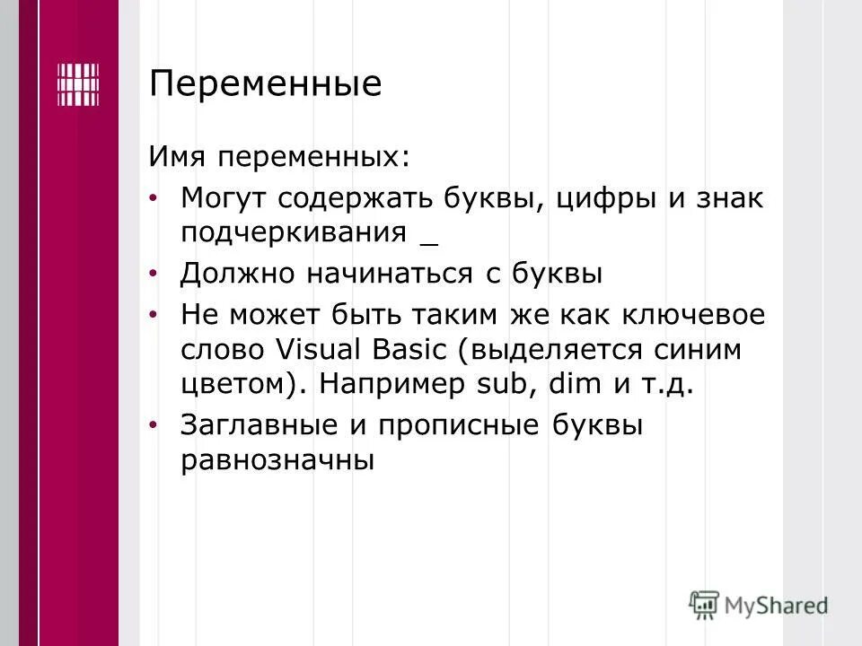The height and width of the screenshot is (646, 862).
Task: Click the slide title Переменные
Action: [265, 85]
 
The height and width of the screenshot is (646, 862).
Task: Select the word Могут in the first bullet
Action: [225, 198]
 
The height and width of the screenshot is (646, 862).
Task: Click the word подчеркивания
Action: [295, 232]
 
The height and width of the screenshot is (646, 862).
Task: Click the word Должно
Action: [237, 274]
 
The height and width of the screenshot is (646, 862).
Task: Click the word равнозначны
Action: [277, 461]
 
